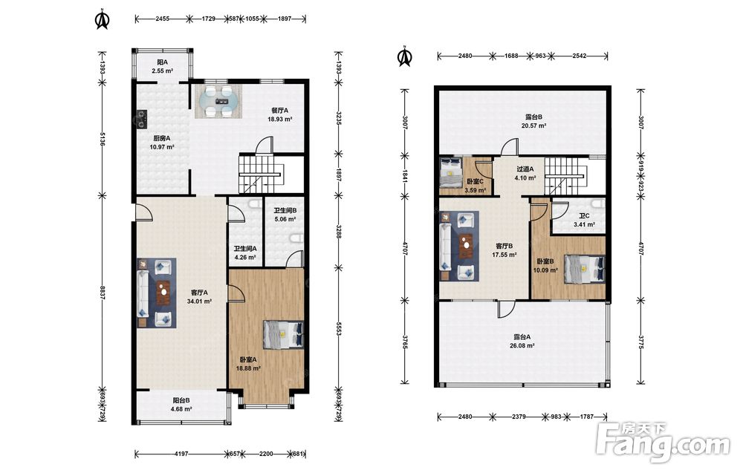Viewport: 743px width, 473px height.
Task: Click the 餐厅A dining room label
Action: (279, 111)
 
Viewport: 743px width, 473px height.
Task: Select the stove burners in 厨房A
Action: (142, 120)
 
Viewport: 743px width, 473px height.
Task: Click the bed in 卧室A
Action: (283, 335)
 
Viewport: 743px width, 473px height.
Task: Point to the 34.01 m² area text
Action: (199, 301)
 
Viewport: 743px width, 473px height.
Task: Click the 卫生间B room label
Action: (285, 211)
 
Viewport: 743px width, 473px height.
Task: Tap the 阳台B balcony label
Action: (181, 400)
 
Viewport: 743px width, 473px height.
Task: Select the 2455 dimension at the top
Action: (163, 19)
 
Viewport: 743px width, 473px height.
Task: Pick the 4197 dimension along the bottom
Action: (181, 454)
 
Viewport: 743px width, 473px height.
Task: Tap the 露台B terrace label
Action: (534, 117)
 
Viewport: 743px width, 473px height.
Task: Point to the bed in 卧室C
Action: (451, 173)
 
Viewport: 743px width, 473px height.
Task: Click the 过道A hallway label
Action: (525, 169)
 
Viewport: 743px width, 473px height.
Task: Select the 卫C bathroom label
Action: (585, 216)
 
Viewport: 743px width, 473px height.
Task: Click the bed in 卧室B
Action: (585, 270)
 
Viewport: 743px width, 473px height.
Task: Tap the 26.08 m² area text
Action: (522, 346)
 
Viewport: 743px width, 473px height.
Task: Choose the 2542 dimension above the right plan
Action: (579, 56)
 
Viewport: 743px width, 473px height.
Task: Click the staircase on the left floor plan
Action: (260, 174)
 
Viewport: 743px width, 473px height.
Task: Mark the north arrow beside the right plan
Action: (405, 56)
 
